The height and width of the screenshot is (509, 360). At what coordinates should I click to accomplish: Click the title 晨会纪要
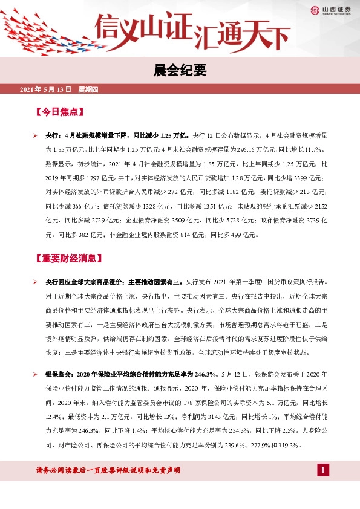[180, 71]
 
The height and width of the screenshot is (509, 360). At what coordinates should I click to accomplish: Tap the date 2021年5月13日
[46, 90]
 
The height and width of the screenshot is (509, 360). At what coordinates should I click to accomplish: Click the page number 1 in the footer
[324, 470]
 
